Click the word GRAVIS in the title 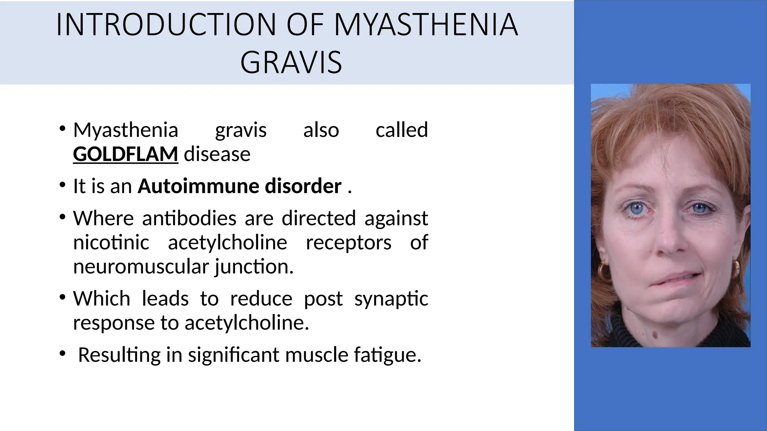click(x=291, y=62)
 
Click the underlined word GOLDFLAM click(x=125, y=154)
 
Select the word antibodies click(x=189, y=218)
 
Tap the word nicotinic click(x=111, y=242)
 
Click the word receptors click(x=348, y=242)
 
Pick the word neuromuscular click(x=141, y=267)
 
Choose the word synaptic click(x=391, y=299)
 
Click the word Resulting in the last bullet click(x=119, y=355)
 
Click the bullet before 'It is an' click(x=62, y=185)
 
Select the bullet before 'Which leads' click(x=62, y=298)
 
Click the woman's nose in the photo click(x=671, y=241)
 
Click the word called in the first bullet click(x=401, y=130)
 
